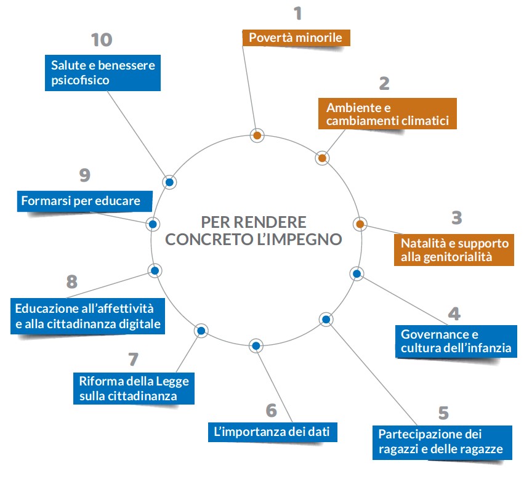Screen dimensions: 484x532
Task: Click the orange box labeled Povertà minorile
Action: tap(296, 38)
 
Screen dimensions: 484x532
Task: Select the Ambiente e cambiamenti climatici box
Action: tap(387, 113)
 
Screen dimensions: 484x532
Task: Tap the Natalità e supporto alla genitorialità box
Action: tap(454, 249)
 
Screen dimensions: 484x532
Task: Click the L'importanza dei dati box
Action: tap(272, 432)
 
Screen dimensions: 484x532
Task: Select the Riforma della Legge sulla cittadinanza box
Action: tap(134, 388)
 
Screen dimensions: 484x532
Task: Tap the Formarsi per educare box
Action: tap(81, 201)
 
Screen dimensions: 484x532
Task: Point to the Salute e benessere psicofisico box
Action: tap(103, 73)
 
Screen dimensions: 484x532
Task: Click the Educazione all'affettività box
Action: tap(88, 315)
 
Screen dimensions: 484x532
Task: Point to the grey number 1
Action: tap(298, 14)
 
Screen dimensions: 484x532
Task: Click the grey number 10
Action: tap(102, 41)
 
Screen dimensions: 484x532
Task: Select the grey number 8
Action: tap(72, 282)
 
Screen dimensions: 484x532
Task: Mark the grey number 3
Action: tap(456, 217)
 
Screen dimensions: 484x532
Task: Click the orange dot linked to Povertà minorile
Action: tap(257, 135)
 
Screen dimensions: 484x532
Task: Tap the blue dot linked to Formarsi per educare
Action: tap(153, 224)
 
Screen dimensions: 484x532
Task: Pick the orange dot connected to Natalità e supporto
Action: tap(360, 223)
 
